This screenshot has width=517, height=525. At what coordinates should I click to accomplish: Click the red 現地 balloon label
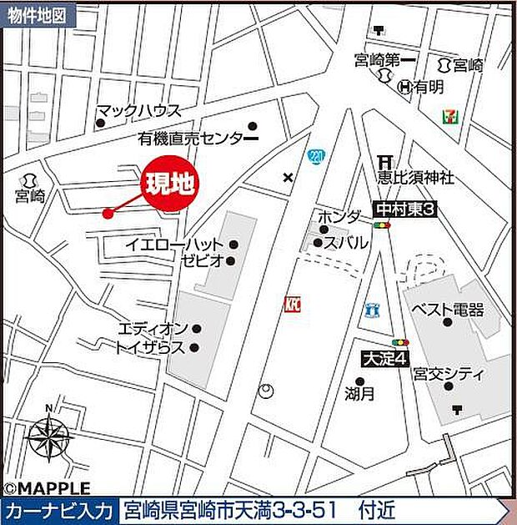click(x=170, y=184)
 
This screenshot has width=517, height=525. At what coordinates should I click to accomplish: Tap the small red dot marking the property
click(x=107, y=214)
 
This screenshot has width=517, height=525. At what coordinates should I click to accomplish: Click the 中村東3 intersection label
click(x=405, y=211)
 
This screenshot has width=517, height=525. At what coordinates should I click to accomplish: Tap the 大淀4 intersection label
click(x=384, y=360)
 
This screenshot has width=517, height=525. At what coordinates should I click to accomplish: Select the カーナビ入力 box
click(x=58, y=510)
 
